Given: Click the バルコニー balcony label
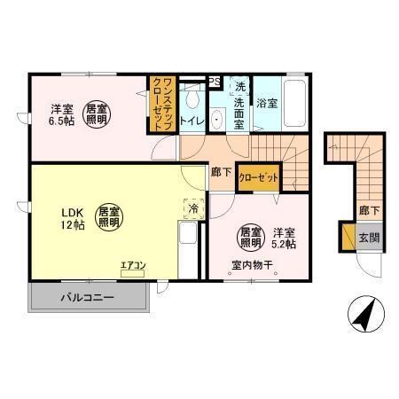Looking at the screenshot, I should click(x=87, y=297).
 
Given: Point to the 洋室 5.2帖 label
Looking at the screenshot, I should click(x=284, y=238).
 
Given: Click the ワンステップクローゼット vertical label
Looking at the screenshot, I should click(x=160, y=105).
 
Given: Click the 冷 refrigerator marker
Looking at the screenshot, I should click(x=193, y=208).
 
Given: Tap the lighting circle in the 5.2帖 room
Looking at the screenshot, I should click(x=250, y=236).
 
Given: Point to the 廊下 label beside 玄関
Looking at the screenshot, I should click(x=368, y=211).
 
